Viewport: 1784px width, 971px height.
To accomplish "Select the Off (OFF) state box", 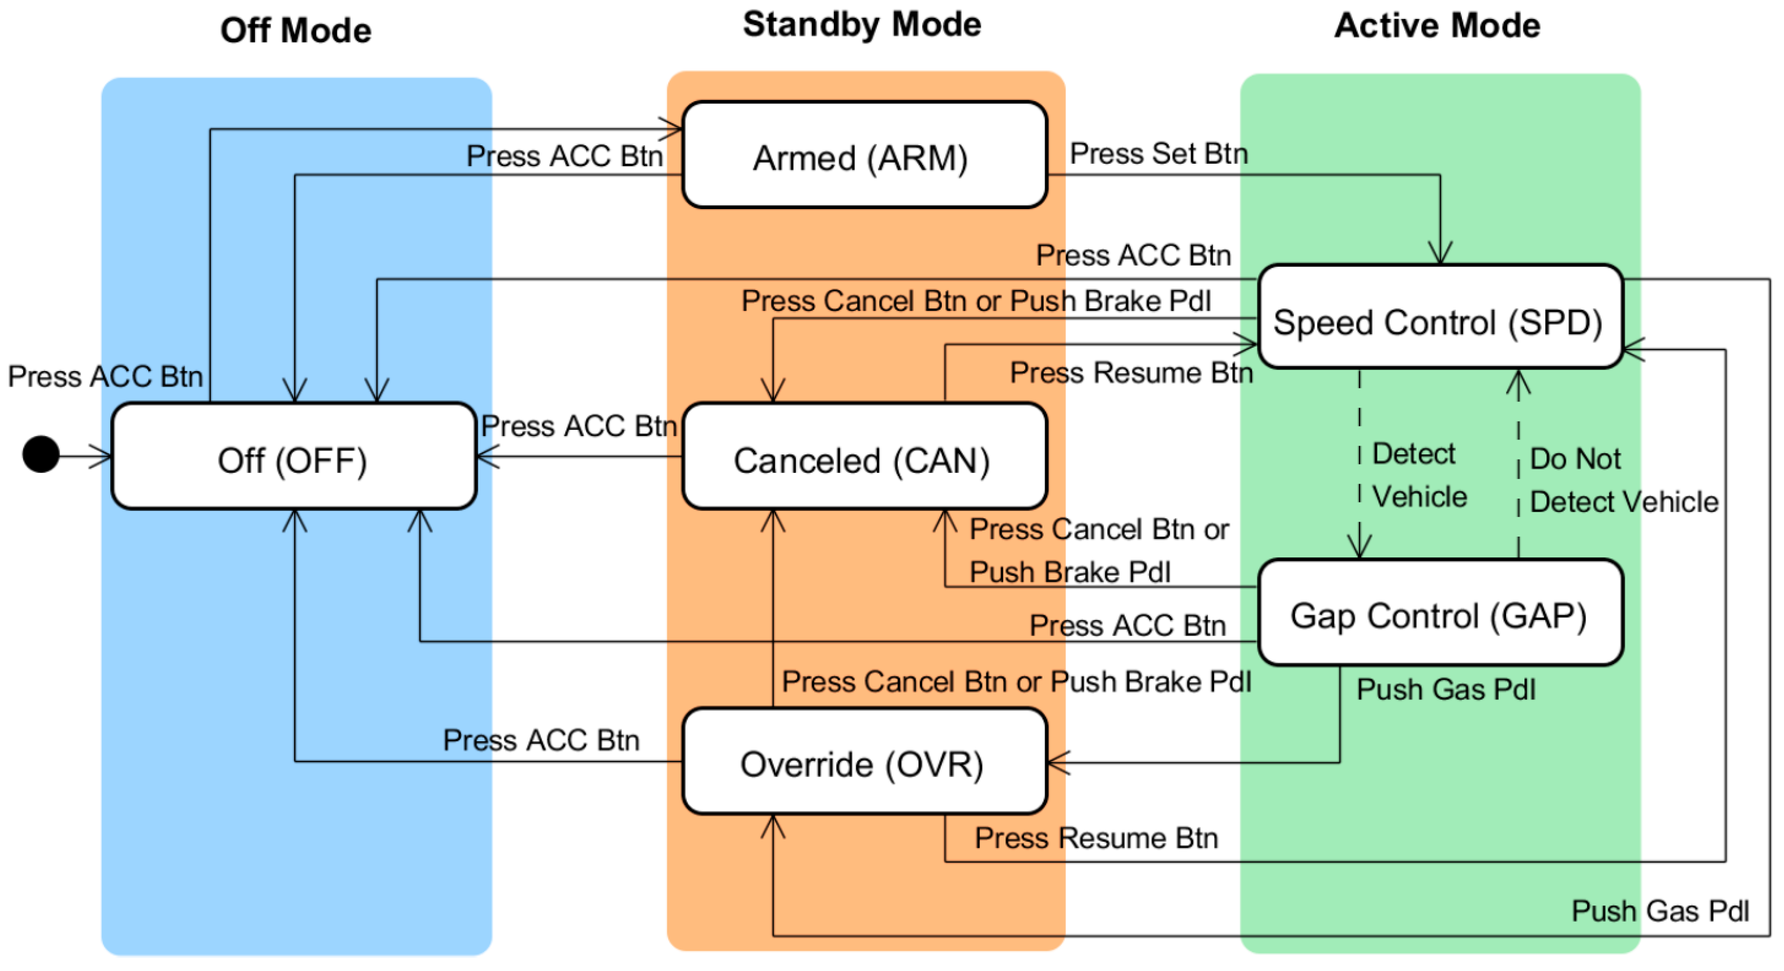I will [x=293, y=457].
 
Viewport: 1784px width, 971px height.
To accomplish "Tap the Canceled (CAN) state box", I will [x=863, y=457].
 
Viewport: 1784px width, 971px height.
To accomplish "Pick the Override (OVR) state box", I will [x=863, y=762].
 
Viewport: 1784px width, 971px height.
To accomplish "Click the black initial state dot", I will [x=41, y=454].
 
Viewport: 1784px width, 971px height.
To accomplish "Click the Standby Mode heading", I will [x=862, y=25].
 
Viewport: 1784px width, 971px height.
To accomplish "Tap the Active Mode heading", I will [x=1437, y=26].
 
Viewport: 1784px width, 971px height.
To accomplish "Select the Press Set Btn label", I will [x=1159, y=154].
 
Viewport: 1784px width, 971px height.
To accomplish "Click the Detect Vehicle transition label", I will [x=1418, y=476].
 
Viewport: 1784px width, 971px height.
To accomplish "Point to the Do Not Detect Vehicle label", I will [x=1622, y=480].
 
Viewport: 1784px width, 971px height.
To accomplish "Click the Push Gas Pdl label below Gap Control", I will [x=1445, y=689].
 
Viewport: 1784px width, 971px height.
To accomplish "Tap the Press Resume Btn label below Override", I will [x=1096, y=838].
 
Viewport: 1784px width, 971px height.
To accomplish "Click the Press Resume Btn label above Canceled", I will [x=1131, y=373].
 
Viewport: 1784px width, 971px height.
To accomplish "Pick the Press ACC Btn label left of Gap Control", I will [x=1127, y=626].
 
